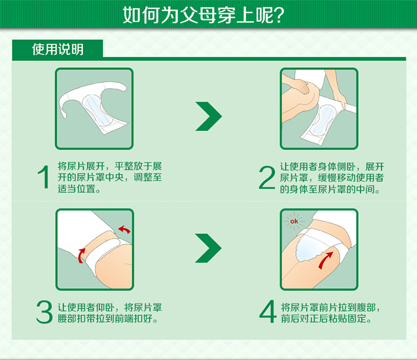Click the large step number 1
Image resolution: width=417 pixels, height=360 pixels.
[43, 177]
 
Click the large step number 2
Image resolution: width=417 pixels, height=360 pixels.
[267, 177]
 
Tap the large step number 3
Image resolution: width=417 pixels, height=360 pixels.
[44, 312]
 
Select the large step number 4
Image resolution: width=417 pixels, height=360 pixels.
[268, 311]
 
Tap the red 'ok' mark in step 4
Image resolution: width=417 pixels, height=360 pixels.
[294, 221]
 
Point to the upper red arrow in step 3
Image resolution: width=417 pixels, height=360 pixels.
[125, 229]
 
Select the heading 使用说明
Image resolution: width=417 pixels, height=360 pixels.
[58, 49]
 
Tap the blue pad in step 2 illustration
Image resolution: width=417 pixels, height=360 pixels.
[321, 119]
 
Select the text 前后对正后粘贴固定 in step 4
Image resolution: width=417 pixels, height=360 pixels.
[324, 318]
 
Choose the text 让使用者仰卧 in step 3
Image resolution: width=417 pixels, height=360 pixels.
[86, 307]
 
